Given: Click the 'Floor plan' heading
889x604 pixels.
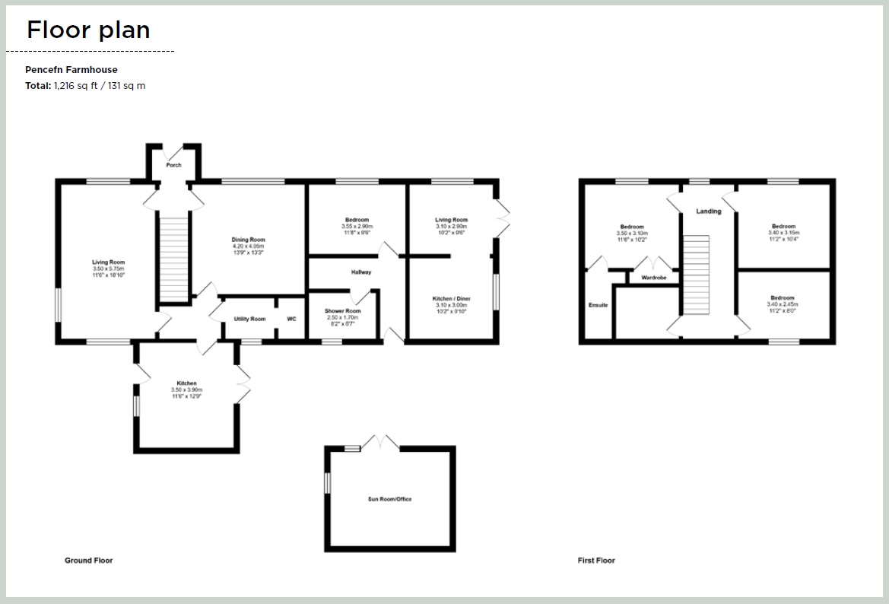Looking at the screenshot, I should pyautogui.click(x=88, y=30).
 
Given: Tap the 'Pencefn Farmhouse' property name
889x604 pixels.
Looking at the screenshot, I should pyautogui.click(x=71, y=69).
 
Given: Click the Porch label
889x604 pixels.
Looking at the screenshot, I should pyautogui.click(x=173, y=165).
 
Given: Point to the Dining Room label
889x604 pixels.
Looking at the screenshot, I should pyautogui.click(x=248, y=240).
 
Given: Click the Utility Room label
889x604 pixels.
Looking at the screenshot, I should pyautogui.click(x=249, y=319).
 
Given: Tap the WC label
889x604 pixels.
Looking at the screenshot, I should pyautogui.click(x=291, y=319).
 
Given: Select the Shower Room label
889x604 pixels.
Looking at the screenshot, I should pyautogui.click(x=342, y=311).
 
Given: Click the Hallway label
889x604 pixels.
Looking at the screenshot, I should pyautogui.click(x=360, y=272).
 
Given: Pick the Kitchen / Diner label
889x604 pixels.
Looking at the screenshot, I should pyautogui.click(x=451, y=299).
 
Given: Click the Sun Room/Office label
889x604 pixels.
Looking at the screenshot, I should pyautogui.click(x=389, y=499).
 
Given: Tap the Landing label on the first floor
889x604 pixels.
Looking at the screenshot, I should pyautogui.click(x=708, y=211).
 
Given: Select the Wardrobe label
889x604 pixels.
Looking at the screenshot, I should pyautogui.click(x=653, y=278).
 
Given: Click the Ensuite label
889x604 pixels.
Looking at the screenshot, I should pyautogui.click(x=598, y=305).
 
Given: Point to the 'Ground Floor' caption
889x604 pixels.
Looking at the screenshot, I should pyautogui.click(x=88, y=561).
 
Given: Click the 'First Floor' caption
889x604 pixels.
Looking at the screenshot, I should pyautogui.click(x=596, y=561).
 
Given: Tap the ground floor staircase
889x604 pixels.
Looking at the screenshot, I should pyautogui.click(x=173, y=259).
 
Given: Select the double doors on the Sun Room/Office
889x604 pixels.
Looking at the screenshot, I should pyautogui.click(x=379, y=442).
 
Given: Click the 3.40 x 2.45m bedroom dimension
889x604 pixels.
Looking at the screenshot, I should pyautogui.click(x=783, y=304).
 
